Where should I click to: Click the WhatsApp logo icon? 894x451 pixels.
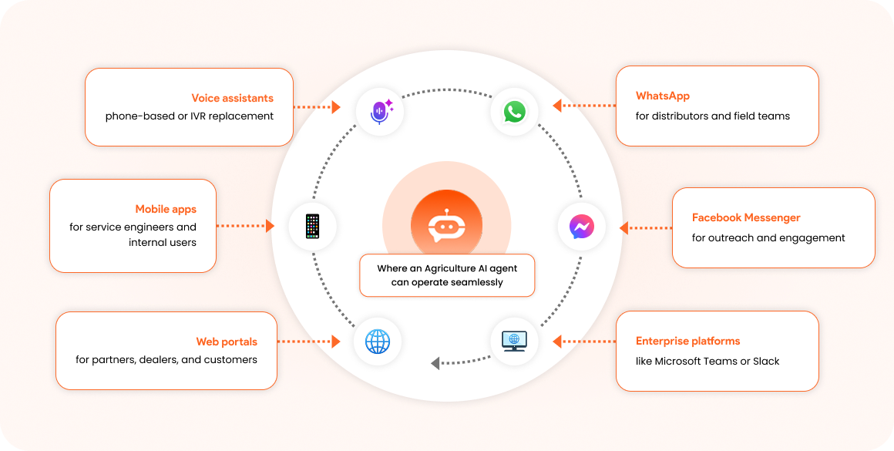pos(514,112)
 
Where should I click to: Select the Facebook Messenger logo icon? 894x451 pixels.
pos(582,227)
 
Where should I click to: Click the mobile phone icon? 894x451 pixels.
pos(312,227)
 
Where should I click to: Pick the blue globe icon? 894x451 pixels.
pos(378,342)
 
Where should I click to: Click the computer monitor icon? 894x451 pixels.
pos(514,341)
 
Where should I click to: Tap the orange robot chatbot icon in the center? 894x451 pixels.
pos(446,224)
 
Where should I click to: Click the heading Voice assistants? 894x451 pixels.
pos(233,98)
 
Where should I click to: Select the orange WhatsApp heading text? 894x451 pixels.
pos(663,96)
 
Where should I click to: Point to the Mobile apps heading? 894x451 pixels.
pos(166,209)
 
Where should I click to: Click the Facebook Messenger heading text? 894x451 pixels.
pos(746,217)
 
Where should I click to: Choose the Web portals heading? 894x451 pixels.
pos(227,342)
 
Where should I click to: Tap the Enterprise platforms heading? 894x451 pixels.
pos(688,341)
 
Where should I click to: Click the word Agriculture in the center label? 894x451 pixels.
pos(452,269)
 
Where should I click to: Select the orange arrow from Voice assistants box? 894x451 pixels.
pos(317,106)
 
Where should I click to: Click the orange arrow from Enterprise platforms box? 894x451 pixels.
pos(584,342)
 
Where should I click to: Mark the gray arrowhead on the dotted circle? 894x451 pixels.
pos(435,362)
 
